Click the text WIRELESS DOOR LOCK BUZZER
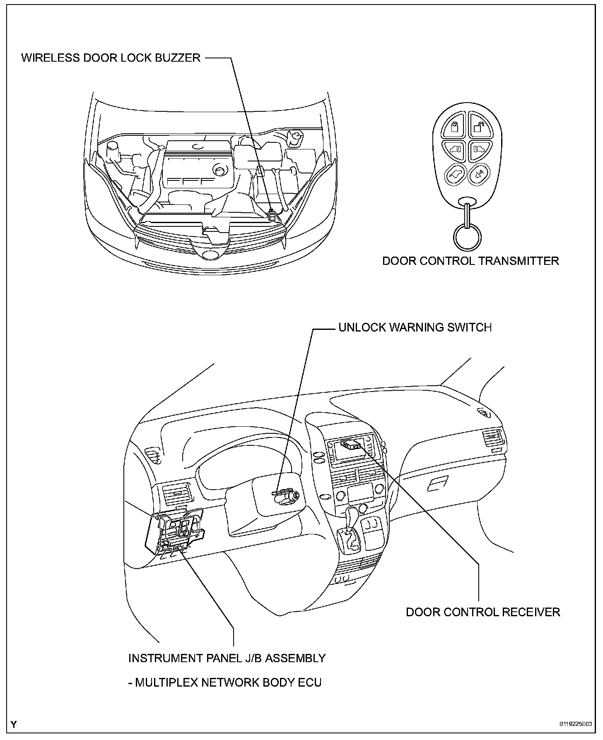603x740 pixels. click(111, 58)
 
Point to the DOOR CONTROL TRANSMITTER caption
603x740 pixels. click(470, 261)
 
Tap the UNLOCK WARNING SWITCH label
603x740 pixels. click(415, 327)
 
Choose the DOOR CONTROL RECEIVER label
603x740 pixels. click(483, 612)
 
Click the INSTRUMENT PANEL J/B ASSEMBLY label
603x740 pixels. click(227, 658)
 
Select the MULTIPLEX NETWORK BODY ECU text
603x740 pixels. click(225, 682)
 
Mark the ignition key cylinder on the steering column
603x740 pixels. click(295, 495)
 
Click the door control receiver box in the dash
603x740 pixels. click(350, 445)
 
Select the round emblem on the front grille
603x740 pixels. click(212, 255)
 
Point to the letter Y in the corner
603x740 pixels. click(14, 724)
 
